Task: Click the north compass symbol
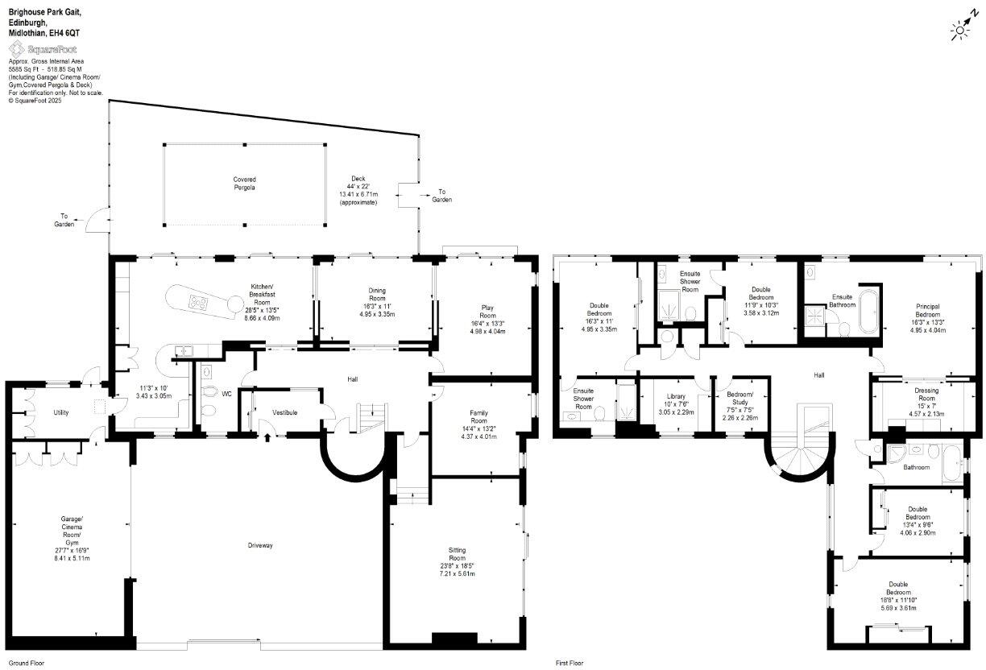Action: pyautogui.click(x=960, y=30)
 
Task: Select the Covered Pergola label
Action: pyautogui.click(x=245, y=184)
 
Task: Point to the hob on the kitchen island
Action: pyautogui.click(x=197, y=302)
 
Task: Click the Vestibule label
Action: pyautogui.click(x=284, y=413)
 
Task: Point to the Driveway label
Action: pyautogui.click(x=260, y=545)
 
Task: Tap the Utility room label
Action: pyautogui.click(x=61, y=412)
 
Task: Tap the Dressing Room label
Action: pyautogui.click(x=926, y=395)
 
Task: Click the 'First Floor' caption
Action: pyautogui.click(x=570, y=664)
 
